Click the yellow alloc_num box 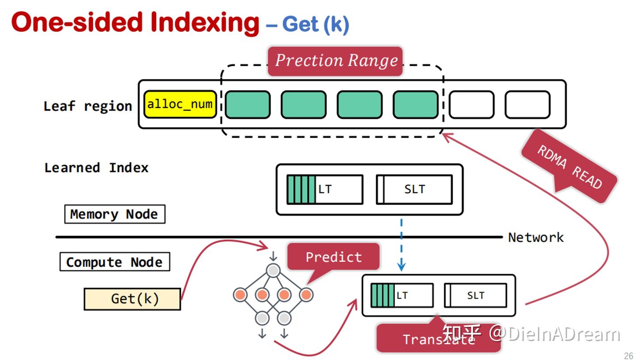click(180, 105)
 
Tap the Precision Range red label click(335, 61)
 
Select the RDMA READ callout click(569, 166)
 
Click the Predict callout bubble click(334, 257)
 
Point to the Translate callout click(438, 339)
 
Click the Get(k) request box click(133, 299)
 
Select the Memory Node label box click(115, 214)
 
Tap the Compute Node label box click(115, 262)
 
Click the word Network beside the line click(536, 237)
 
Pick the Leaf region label click(88, 106)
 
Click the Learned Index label click(96, 168)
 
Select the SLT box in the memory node click(414, 189)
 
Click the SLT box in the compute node click(476, 295)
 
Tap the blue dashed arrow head click(401, 267)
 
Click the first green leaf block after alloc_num click(248, 105)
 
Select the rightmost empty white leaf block click(527, 105)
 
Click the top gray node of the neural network click(273, 270)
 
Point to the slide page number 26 click(628, 356)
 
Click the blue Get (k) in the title click(315, 24)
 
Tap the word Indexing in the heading click(204, 22)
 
